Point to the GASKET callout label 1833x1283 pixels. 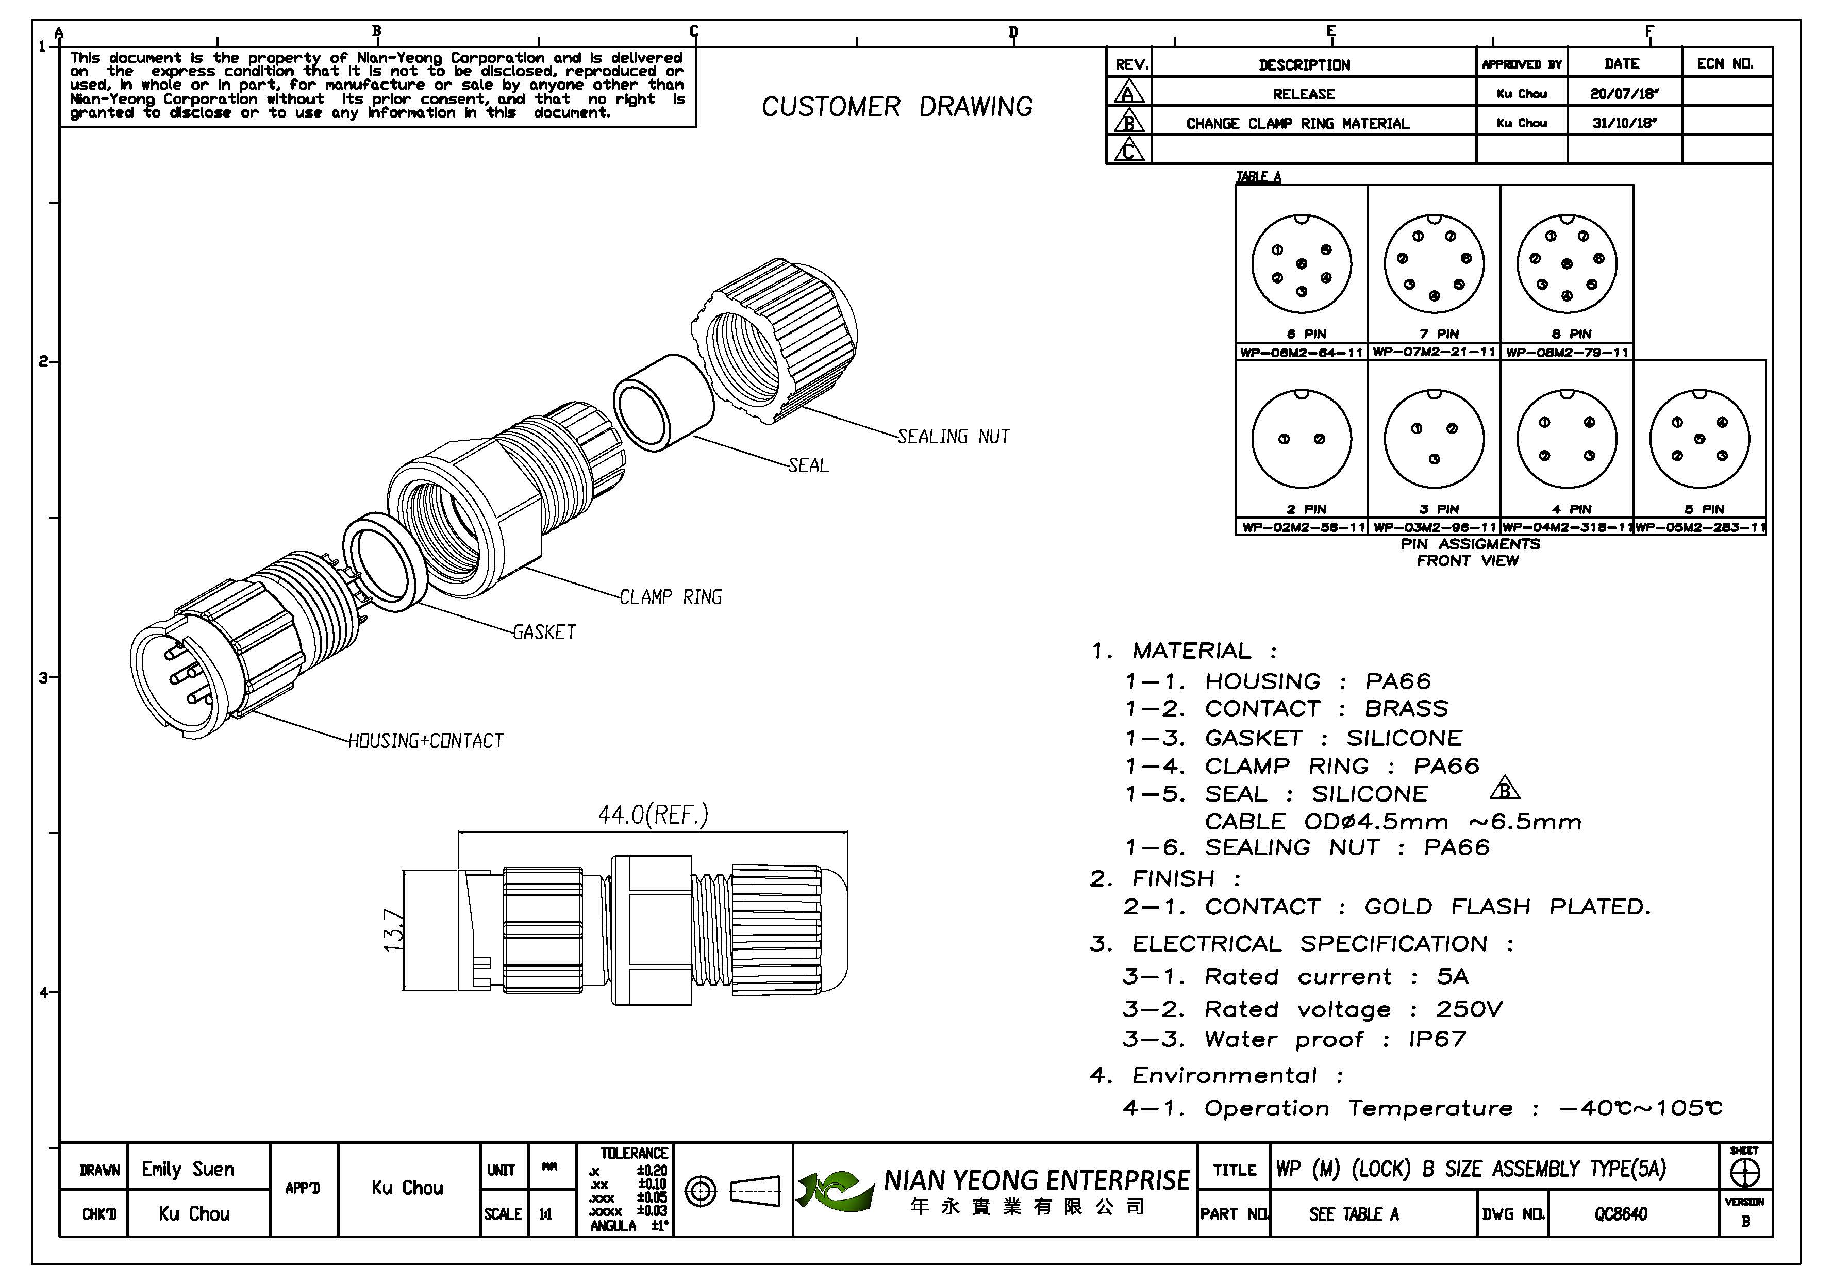click(x=544, y=632)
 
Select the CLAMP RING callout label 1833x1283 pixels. click(x=671, y=597)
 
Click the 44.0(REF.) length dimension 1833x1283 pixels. click(x=653, y=815)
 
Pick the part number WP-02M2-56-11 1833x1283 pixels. click(x=1302, y=528)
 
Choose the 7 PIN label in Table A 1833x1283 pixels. click(x=1434, y=334)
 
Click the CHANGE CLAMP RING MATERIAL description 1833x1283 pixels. click(x=1297, y=124)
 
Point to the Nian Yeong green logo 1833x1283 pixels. click(x=834, y=1190)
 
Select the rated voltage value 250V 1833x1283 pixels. click(x=1469, y=1010)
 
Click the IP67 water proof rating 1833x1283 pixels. click(x=1437, y=1040)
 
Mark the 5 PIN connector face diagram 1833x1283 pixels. click(x=1699, y=439)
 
